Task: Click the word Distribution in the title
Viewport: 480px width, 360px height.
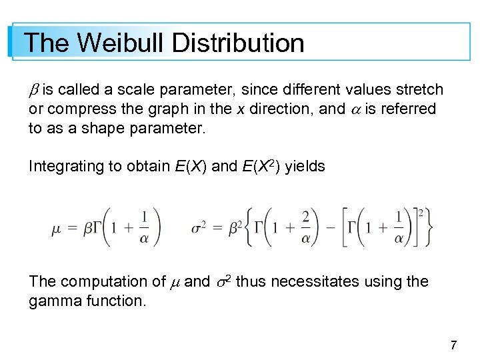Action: [x=238, y=43]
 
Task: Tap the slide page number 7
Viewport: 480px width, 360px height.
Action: [x=453, y=345]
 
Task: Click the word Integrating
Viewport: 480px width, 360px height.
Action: [x=66, y=166]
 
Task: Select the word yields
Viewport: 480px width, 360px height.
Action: [x=305, y=166]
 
